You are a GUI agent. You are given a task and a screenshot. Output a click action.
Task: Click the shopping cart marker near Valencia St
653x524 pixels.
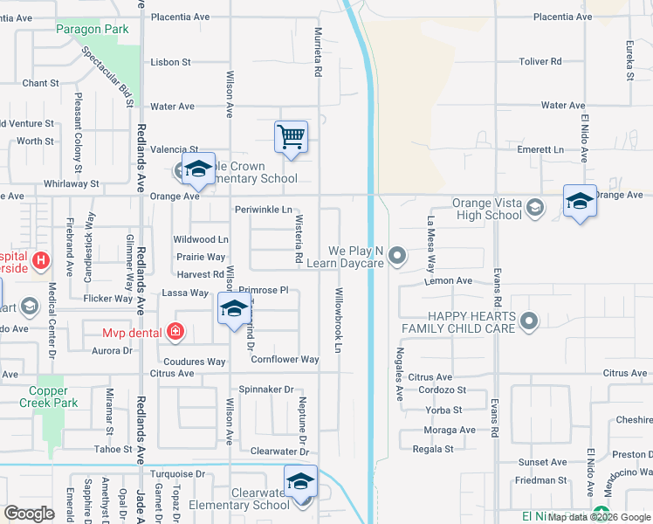291,136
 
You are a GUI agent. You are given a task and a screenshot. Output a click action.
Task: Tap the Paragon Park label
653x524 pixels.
93,29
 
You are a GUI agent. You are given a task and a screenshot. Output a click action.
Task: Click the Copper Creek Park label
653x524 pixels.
50,396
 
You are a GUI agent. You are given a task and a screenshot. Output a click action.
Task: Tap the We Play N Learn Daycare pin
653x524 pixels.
397,256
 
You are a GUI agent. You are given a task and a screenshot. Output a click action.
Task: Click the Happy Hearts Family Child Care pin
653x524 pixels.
527,323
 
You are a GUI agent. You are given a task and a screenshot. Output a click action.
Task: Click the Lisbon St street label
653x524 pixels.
170,62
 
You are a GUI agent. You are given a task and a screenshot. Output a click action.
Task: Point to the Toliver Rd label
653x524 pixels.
541,62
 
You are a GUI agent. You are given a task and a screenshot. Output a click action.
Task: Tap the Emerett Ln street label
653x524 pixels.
540,149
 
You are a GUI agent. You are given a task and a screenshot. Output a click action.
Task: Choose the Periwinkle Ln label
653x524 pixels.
263,210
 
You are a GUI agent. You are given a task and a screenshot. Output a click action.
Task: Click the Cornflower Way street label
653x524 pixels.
285,359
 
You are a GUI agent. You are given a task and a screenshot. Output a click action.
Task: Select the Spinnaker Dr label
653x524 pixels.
265,390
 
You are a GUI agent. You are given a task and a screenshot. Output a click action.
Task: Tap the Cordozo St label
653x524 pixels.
442,390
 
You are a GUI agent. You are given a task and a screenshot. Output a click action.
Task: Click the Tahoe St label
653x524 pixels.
113,449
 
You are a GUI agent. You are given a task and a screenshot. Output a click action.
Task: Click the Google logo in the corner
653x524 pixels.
29,514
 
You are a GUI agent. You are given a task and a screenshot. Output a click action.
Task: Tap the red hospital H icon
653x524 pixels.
40,260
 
